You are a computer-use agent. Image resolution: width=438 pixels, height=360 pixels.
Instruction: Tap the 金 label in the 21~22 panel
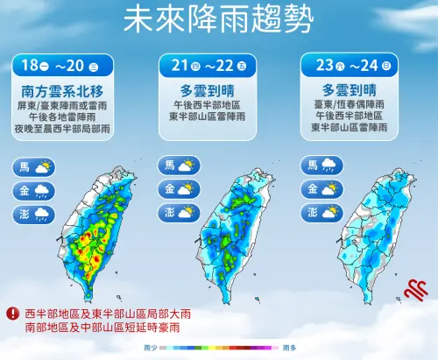168,189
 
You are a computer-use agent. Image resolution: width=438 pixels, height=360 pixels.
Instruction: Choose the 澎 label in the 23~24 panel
312,212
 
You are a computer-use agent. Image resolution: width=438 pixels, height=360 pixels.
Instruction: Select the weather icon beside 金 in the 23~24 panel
331,189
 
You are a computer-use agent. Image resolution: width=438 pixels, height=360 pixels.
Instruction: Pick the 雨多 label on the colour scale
289,348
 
